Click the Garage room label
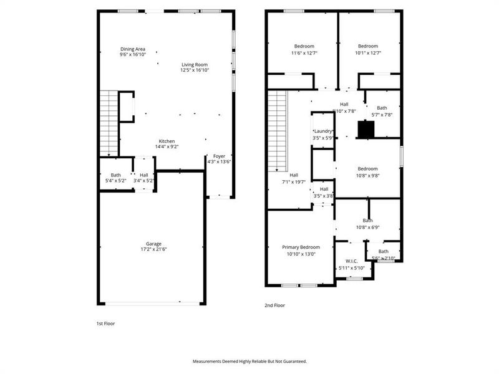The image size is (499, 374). (153, 244)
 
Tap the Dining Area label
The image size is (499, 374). (133, 49)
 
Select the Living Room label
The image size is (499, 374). (195, 65)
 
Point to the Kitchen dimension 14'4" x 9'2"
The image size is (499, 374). (167, 147)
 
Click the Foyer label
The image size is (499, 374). (219, 156)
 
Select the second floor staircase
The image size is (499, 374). (277, 131)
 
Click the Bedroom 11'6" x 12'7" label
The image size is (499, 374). (304, 46)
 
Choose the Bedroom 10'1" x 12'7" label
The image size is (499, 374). (368, 46)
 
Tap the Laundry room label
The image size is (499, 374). (323, 131)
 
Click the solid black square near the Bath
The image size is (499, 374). (366, 129)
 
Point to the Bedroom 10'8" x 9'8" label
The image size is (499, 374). (367, 169)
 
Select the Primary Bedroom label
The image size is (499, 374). (301, 247)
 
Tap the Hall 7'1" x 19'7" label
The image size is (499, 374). (293, 175)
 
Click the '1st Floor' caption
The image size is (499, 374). (105, 324)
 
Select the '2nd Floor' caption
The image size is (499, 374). (275, 305)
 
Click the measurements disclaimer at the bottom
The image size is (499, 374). (249, 361)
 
